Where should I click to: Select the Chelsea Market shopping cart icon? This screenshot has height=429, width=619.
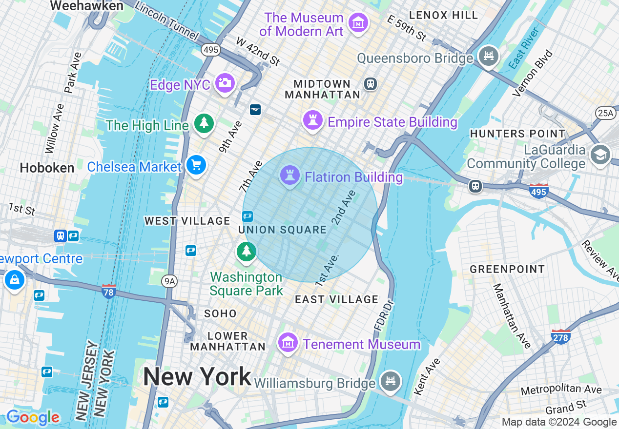[x=196, y=166]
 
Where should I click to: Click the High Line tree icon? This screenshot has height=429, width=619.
[x=204, y=123]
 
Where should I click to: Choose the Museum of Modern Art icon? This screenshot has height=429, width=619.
[x=358, y=22]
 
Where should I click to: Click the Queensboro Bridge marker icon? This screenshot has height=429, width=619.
[x=488, y=56]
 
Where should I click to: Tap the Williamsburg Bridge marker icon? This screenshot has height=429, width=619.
[x=390, y=381]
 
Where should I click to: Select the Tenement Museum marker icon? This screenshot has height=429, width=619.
[x=288, y=342]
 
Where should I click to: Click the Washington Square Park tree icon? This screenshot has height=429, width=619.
[x=247, y=252]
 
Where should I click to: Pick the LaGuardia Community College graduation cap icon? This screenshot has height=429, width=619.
[x=599, y=155]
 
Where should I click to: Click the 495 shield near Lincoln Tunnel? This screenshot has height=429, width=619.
[x=211, y=49]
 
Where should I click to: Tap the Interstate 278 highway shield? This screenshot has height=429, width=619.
[x=560, y=336]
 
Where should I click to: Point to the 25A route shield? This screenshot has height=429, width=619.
[x=605, y=113]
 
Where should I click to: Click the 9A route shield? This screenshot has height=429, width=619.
[x=169, y=280]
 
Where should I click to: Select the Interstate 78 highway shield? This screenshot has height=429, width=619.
[x=108, y=291]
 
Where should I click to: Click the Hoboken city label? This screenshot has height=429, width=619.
[x=47, y=168]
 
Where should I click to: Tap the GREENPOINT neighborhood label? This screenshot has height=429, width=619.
[x=507, y=269]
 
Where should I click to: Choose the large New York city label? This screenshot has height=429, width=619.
[x=197, y=377]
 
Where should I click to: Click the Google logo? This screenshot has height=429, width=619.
[x=33, y=417]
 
